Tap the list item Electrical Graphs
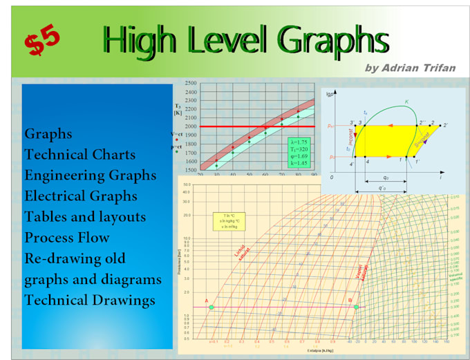[81, 196]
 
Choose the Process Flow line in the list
[67, 237]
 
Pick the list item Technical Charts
[79, 154]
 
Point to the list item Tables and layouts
[85, 216]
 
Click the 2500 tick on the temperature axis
[190, 83]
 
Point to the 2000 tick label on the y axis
[190, 126]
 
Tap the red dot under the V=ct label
[177, 140]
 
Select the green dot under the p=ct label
[177, 153]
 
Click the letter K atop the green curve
[406, 102]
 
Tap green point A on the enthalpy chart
[211, 307]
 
